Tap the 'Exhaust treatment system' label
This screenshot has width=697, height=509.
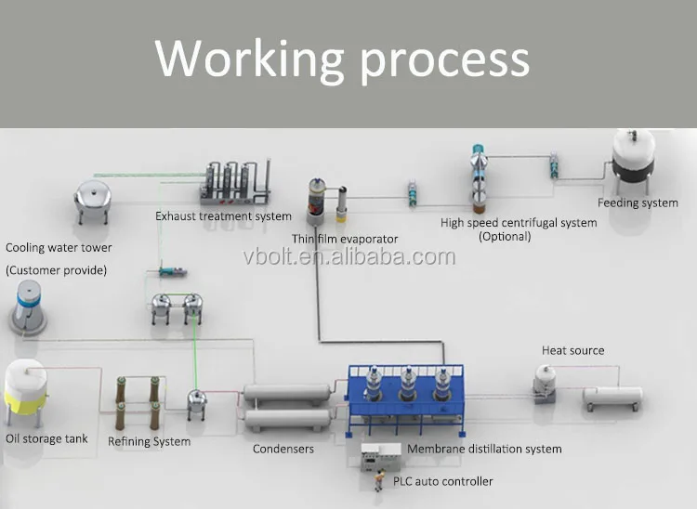223,216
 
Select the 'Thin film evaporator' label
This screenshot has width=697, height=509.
345,239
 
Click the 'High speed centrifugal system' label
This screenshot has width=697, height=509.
519,222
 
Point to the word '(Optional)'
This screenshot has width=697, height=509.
505,237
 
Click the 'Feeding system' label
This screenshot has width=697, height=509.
638,202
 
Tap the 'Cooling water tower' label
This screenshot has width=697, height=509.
59,248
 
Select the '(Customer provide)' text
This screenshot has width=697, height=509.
57,269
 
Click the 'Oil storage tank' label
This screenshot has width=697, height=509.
47,438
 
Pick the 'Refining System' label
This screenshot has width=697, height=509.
150,441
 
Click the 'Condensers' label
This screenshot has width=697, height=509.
283,450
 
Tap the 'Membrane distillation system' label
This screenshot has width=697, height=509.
484,450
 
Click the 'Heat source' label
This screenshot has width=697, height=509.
573,350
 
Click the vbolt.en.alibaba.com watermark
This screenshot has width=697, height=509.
348,256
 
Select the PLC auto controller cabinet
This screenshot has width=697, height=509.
380,458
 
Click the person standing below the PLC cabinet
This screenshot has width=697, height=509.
379,481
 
